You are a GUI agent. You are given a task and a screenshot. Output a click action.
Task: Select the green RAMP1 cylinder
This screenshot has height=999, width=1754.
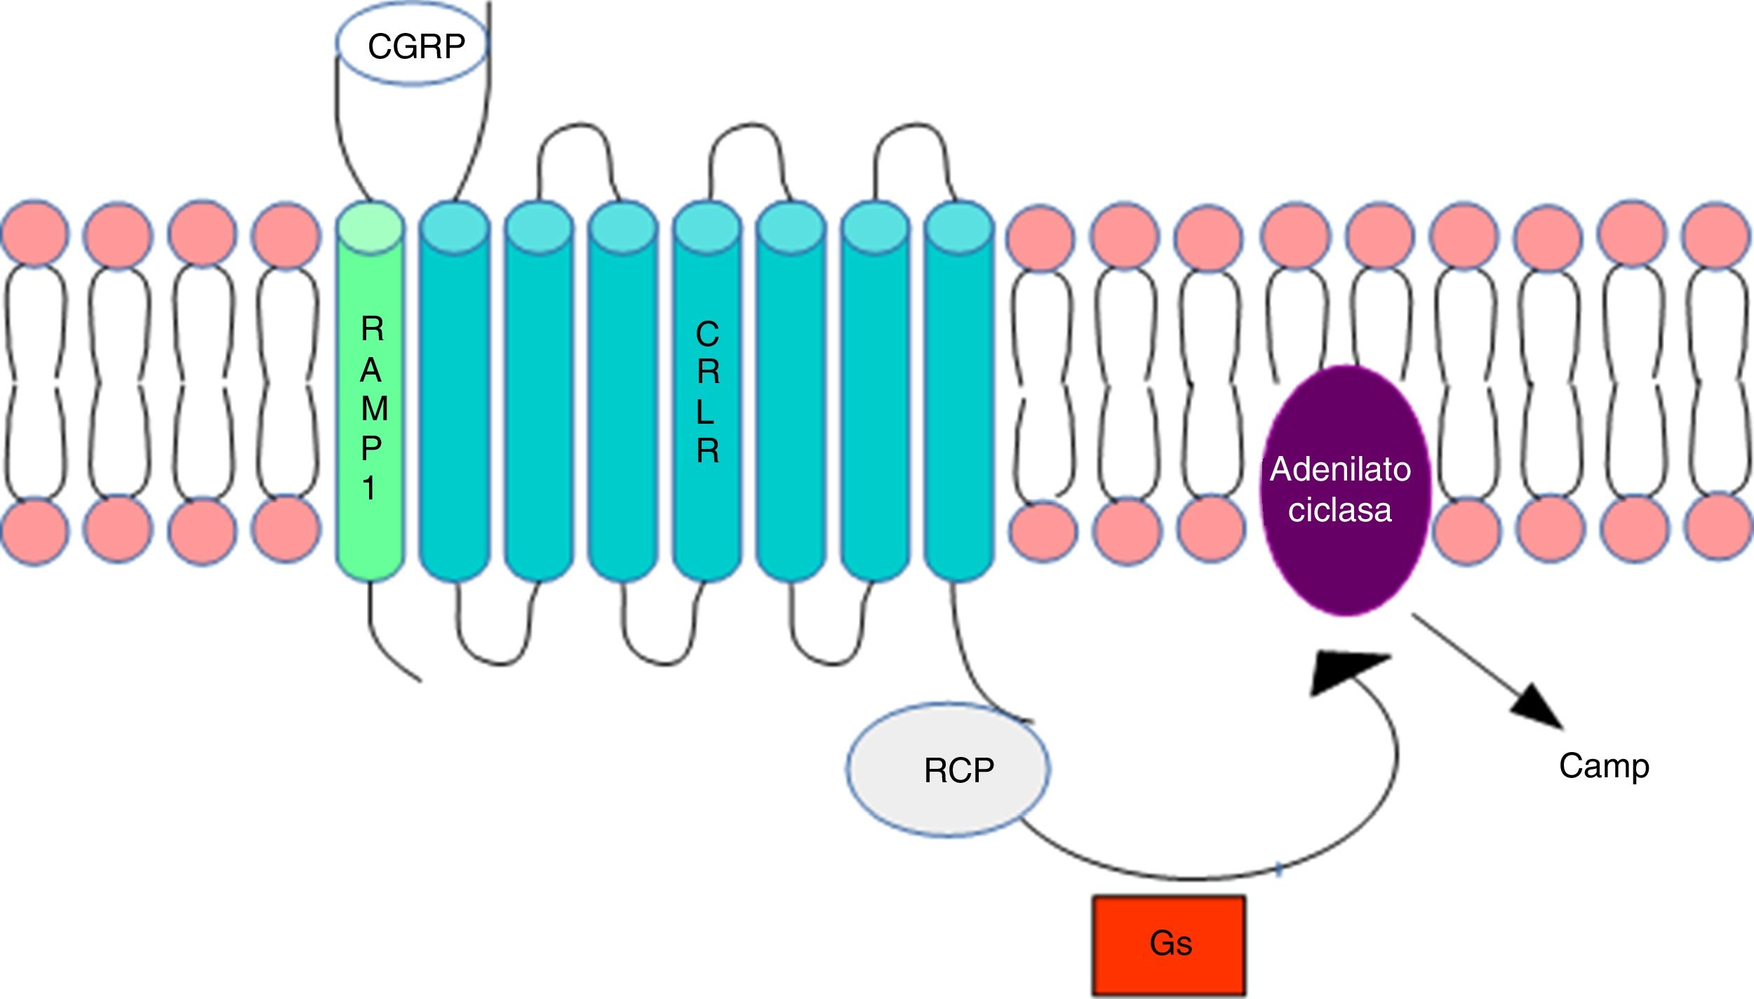coord(370,407)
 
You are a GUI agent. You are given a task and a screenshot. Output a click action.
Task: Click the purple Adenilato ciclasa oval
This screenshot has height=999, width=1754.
coord(1344,491)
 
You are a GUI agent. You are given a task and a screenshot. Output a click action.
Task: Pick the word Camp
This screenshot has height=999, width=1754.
coord(1604,766)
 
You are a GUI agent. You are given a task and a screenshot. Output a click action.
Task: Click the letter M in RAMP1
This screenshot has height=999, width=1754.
coord(374,408)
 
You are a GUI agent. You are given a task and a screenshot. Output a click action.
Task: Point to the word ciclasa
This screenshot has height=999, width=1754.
coord(1339,510)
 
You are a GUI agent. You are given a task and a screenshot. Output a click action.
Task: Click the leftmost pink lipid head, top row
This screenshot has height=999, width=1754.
coord(35,233)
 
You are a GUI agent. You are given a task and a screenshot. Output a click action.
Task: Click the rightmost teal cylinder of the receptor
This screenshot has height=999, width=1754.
coord(959,393)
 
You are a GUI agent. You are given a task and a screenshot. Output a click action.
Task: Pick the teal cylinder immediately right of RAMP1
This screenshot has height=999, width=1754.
coord(455,393)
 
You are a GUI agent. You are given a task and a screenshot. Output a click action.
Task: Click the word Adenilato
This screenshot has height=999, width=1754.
coord(1340,469)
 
